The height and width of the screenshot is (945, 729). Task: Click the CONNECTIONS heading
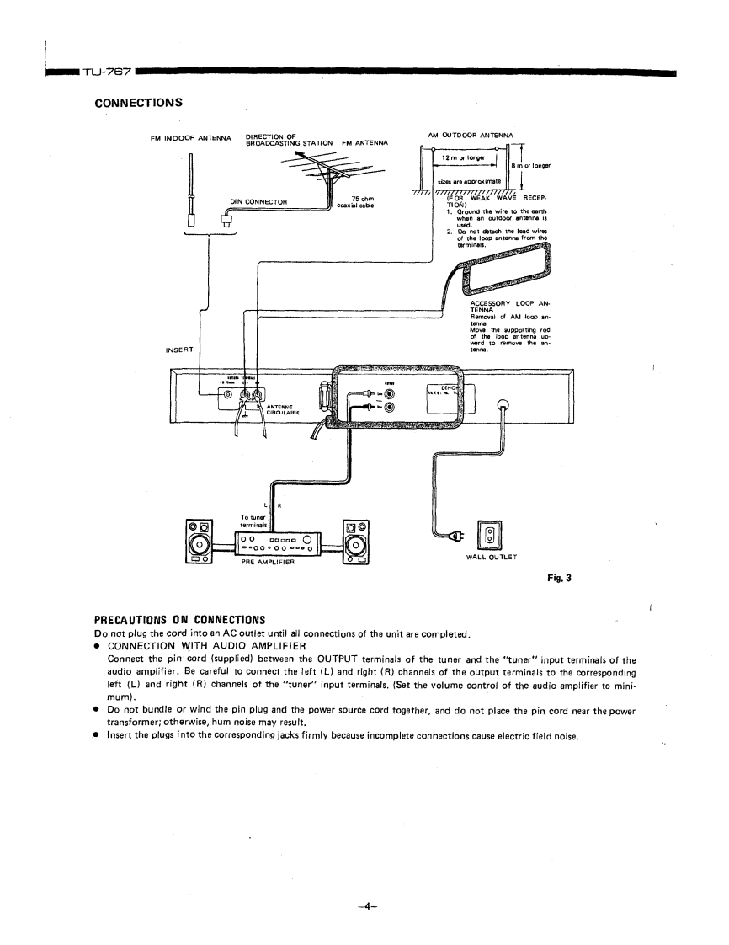coord(138,103)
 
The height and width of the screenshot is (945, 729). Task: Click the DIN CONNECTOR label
coord(258,200)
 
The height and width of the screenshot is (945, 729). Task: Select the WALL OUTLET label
coord(491,556)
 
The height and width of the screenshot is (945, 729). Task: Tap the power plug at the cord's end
coord(457,536)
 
